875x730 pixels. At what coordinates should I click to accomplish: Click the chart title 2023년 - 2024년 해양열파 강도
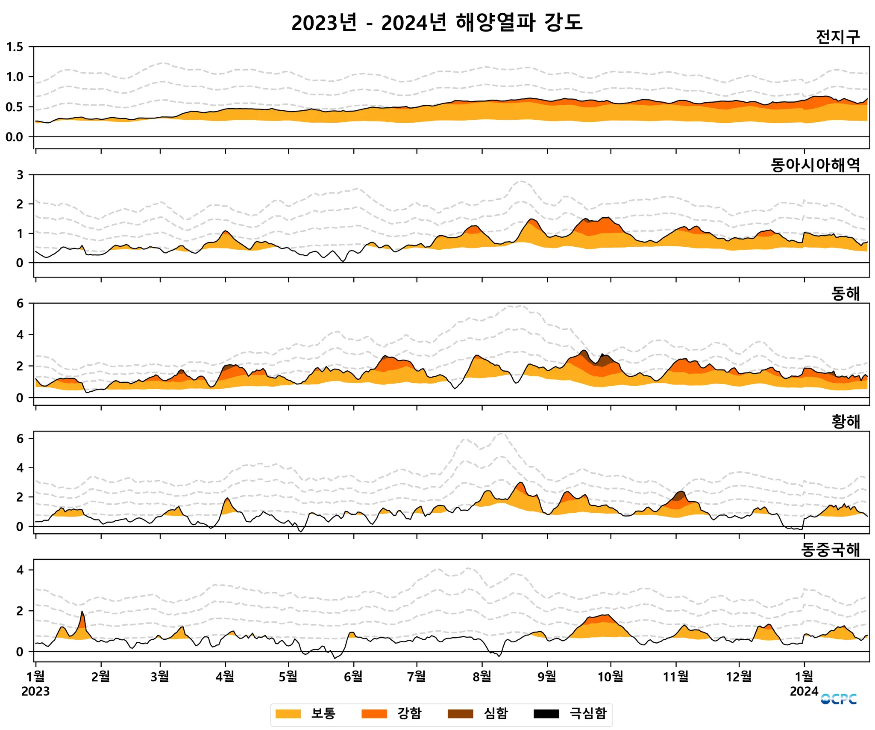(x=437, y=22)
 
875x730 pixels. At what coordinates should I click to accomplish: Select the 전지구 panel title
(x=837, y=37)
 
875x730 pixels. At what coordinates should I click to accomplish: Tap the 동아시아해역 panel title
(x=815, y=165)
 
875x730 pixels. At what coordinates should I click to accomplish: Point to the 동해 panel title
(x=845, y=293)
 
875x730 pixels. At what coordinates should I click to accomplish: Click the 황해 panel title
(x=845, y=422)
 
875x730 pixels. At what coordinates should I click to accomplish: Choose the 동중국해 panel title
(x=830, y=550)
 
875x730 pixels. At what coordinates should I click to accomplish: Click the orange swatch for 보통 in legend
(x=288, y=714)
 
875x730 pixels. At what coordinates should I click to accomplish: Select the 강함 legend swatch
(x=374, y=714)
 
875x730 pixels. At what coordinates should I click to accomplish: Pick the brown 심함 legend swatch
(x=460, y=714)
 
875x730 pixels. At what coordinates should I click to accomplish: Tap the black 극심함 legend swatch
(x=546, y=714)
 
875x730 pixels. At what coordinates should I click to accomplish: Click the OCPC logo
(x=838, y=699)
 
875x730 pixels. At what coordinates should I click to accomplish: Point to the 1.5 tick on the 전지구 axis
(x=15, y=47)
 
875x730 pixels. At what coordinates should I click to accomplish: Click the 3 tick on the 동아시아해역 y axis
(x=20, y=174)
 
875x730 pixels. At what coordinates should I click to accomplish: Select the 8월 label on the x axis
(x=482, y=676)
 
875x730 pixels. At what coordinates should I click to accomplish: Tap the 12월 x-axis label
(x=739, y=676)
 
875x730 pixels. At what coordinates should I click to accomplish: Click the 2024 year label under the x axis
(x=804, y=692)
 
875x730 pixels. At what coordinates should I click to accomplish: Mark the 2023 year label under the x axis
(x=35, y=692)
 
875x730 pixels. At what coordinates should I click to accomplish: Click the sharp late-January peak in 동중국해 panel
(x=82, y=612)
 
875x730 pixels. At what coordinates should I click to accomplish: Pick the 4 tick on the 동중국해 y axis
(x=20, y=570)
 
